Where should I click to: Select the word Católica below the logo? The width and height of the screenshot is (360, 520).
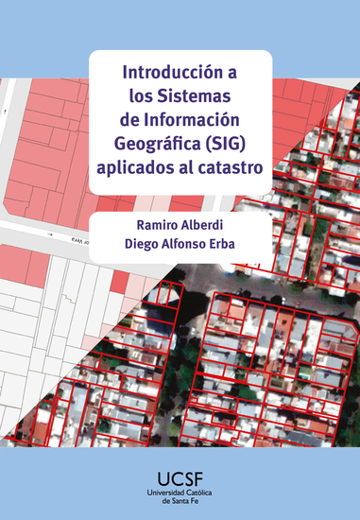pos(200,494)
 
